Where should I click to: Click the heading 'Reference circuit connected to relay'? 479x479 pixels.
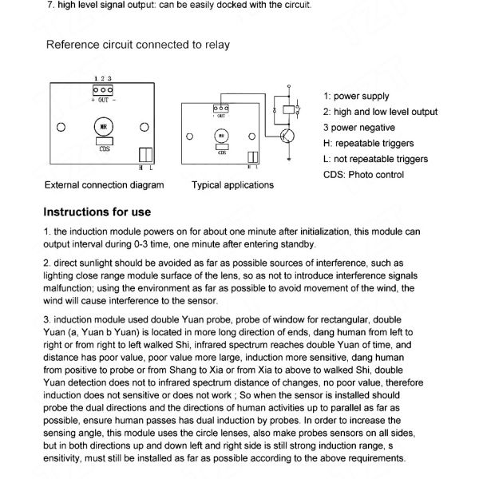[138, 45]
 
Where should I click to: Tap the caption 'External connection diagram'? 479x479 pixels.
[105, 184]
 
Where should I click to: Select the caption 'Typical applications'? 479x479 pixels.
[232, 184]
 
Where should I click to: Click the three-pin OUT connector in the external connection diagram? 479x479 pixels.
[102, 90]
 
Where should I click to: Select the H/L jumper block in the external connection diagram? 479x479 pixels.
[146, 154]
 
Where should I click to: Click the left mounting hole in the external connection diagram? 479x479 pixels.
[60, 127]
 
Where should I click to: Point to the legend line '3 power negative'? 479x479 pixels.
[359, 127]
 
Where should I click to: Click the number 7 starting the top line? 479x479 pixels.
[51, 6]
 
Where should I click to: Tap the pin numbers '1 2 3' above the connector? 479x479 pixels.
[102, 78]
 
